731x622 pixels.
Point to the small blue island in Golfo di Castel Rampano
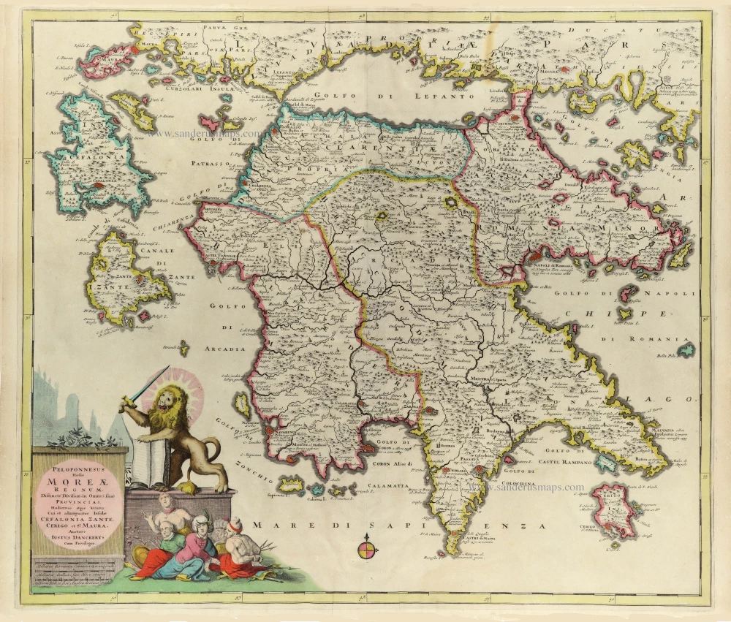[x=605, y=461]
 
